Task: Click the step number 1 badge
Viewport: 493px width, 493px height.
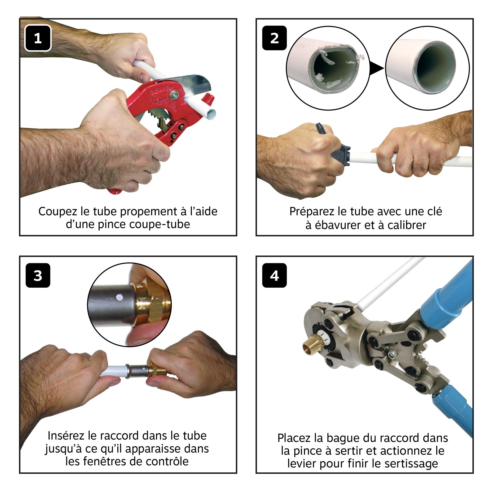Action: (38, 38)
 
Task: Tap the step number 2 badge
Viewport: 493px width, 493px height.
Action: (274, 38)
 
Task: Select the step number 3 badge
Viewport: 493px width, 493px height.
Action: (38, 275)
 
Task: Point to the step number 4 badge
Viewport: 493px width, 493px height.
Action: (274, 275)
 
